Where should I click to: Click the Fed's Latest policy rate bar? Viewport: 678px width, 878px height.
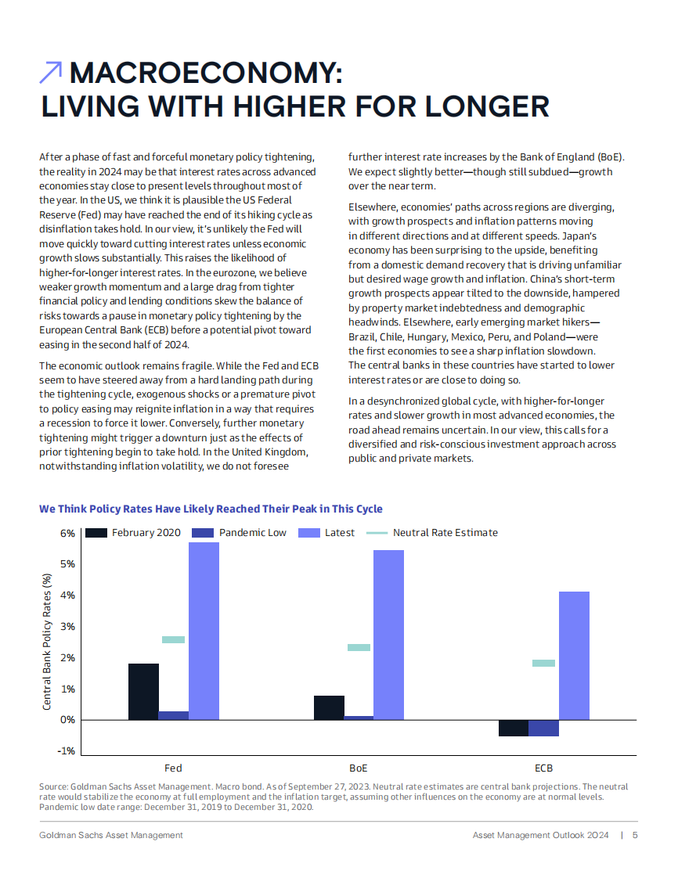(204, 631)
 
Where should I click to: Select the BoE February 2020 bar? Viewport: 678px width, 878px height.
(329, 707)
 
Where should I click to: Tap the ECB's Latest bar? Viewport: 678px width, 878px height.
(574, 656)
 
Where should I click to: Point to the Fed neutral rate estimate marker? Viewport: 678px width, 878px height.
(173, 640)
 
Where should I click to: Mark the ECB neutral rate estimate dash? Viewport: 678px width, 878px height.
(543, 664)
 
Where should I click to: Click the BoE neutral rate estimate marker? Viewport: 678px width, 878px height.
(359, 648)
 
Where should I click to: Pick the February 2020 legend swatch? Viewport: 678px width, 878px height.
(96, 533)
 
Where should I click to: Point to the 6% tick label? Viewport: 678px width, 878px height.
(67, 534)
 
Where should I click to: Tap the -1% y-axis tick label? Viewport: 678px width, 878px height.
(67, 751)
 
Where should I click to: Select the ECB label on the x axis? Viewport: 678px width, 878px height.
(543, 768)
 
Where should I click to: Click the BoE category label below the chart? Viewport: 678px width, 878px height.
(358, 768)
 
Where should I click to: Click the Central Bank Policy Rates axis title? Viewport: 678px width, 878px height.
(47, 642)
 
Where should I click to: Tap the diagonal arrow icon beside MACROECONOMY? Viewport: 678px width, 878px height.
(51, 73)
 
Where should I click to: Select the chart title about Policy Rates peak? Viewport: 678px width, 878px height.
(211, 509)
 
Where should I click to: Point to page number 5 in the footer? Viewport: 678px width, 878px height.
(635, 835)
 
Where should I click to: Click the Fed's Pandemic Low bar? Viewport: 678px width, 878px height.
(173, 715)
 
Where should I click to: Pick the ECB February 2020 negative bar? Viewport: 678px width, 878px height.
(513, 729)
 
